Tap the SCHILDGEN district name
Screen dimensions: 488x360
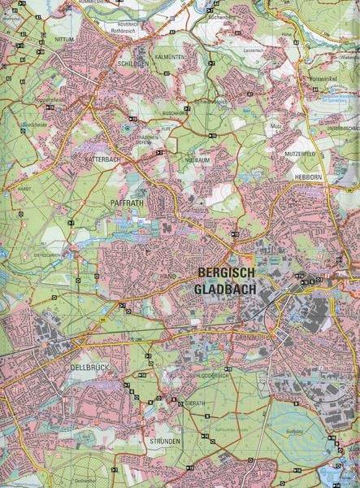tap(133, 63)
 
